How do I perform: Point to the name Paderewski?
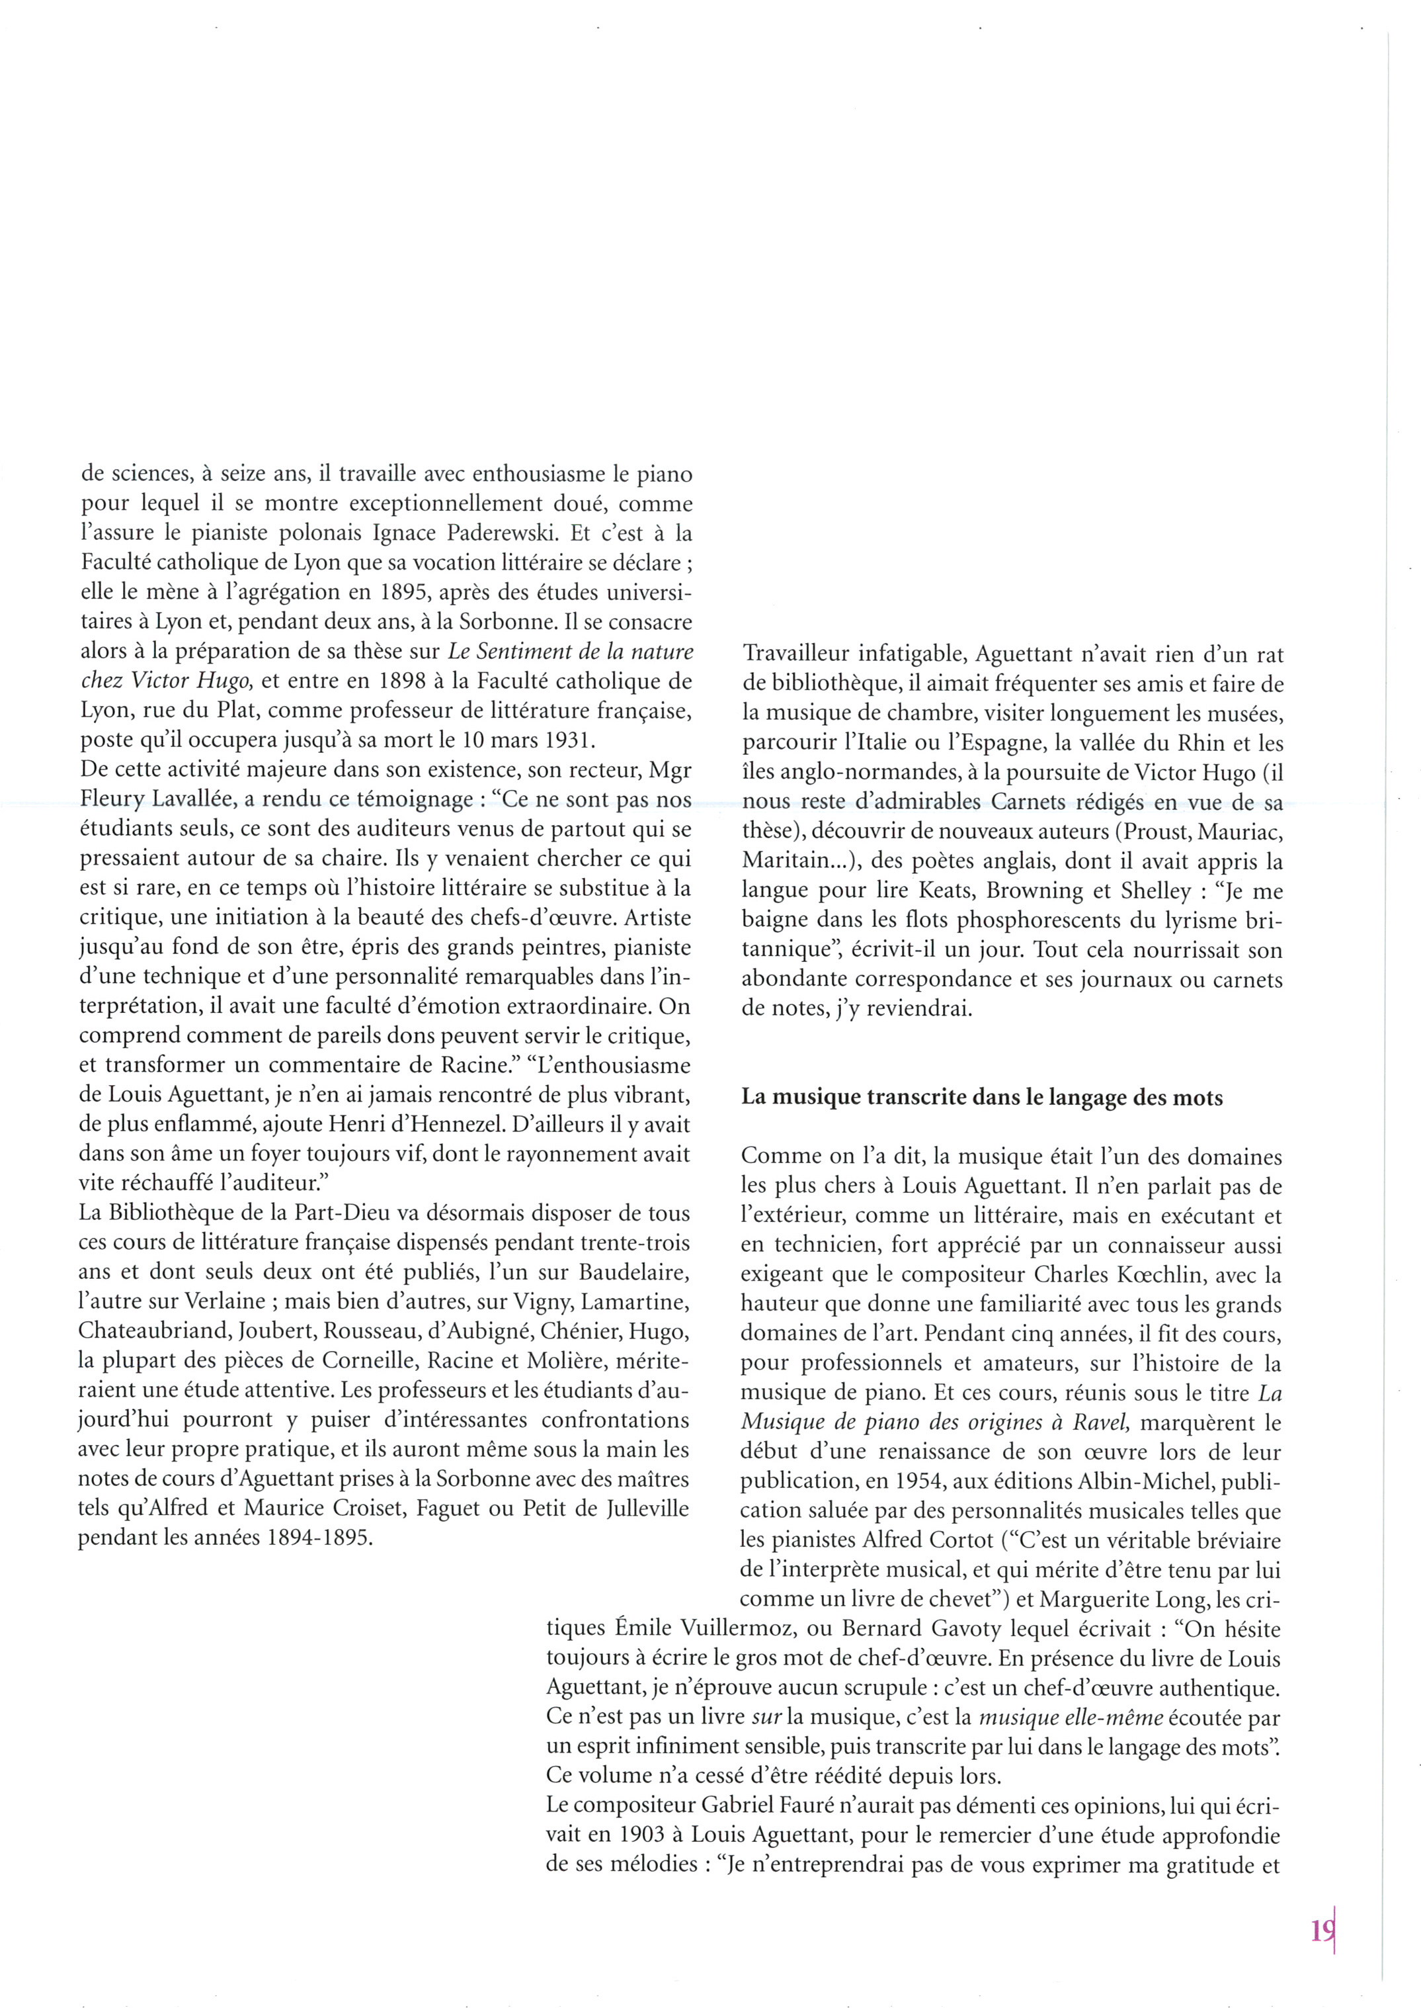(x=484, y=533)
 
